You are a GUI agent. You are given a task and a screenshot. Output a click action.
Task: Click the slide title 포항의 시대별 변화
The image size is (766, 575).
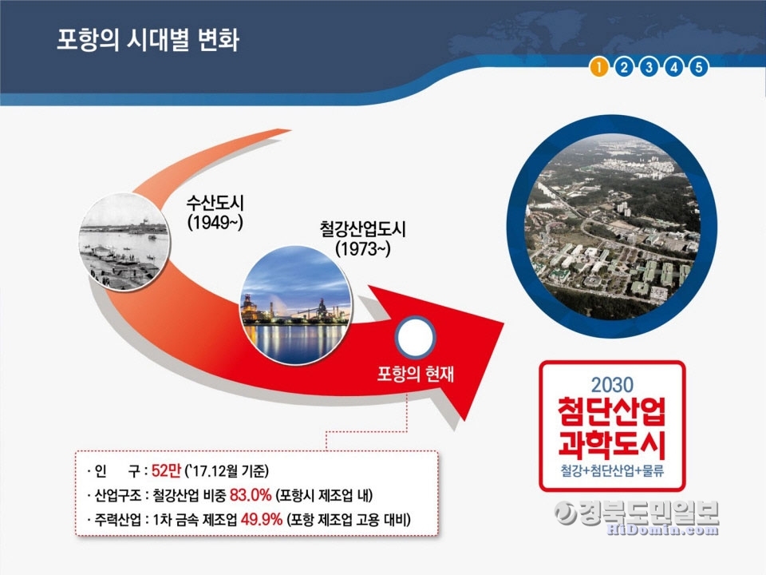(148, 40)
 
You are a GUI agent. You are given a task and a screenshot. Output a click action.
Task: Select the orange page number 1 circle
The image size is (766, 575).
(599, 67)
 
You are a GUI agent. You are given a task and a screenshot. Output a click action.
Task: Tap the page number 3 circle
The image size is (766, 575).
(649, 67)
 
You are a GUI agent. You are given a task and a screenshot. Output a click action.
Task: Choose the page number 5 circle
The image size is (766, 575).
(699, 67)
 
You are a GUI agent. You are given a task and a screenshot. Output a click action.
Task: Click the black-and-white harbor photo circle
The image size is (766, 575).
(124, 241)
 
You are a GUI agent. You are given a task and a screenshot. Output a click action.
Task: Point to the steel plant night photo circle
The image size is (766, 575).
(296, 305)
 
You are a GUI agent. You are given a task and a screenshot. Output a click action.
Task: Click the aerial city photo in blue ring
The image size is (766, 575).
(612, 226)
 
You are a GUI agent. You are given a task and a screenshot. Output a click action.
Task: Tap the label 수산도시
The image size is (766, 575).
(215, 203)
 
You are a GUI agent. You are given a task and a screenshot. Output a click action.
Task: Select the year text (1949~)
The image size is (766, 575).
(215, 223)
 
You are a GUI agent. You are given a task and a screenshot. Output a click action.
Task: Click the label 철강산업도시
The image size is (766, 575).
(362, 229)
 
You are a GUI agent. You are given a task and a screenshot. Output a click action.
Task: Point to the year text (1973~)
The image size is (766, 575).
(362, 249)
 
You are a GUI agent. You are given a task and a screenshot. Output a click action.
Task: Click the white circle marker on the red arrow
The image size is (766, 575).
(415, 337)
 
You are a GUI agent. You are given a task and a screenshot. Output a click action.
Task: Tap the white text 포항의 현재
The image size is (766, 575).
(415, 374)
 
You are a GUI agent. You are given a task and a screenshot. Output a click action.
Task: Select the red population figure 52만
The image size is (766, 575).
(166, 470)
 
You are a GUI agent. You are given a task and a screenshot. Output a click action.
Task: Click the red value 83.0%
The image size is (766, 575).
(251, 495)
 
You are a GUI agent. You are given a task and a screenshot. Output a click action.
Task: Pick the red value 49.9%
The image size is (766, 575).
(262, 519)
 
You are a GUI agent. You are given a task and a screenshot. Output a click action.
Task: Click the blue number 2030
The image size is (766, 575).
(612, 385)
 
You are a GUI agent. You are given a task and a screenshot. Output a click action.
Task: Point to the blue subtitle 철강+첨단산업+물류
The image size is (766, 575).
(612, 470)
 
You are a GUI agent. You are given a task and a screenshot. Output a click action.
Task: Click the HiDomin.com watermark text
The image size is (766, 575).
(662, 529)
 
